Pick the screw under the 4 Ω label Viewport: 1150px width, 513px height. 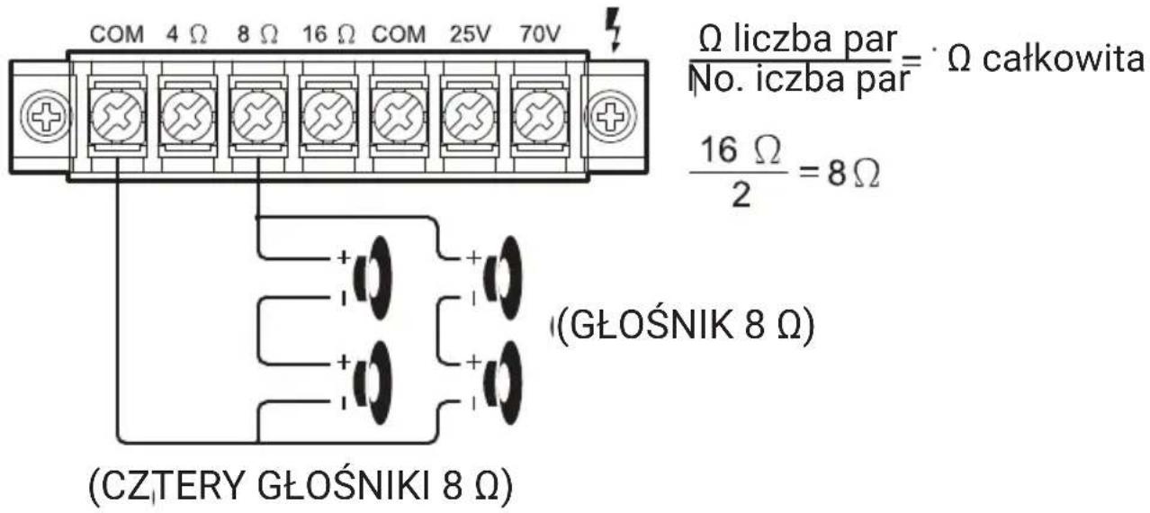[x=187, y=118]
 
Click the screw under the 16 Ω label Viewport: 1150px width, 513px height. [x=328, y=118]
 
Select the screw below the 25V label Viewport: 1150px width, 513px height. [x=469, y=118]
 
